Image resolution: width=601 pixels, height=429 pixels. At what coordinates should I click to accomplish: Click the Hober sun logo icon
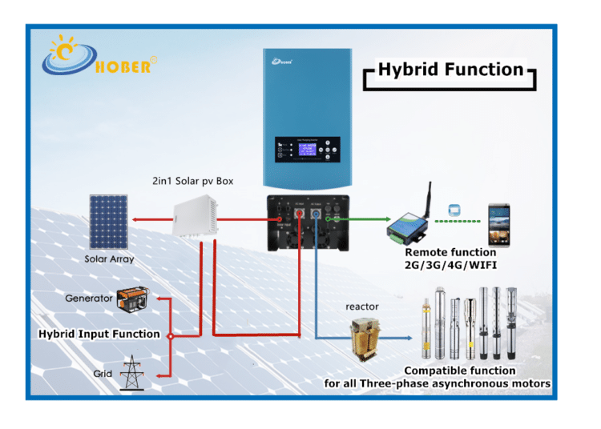pos(69,55)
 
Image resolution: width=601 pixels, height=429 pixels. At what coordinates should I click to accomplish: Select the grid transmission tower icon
pos(131,373)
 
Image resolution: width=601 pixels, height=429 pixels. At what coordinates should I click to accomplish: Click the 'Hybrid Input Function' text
pos(99,334)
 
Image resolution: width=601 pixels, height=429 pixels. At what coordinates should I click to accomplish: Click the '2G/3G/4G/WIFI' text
pos(450,265)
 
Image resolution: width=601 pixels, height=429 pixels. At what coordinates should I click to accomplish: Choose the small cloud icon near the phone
pos(453,208)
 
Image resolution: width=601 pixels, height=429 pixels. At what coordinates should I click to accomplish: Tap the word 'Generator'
pos(89,299)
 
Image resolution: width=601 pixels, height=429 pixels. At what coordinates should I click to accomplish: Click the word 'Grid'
pos(102,374)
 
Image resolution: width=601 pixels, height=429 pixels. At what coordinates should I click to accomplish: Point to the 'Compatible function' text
pos(459,371)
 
